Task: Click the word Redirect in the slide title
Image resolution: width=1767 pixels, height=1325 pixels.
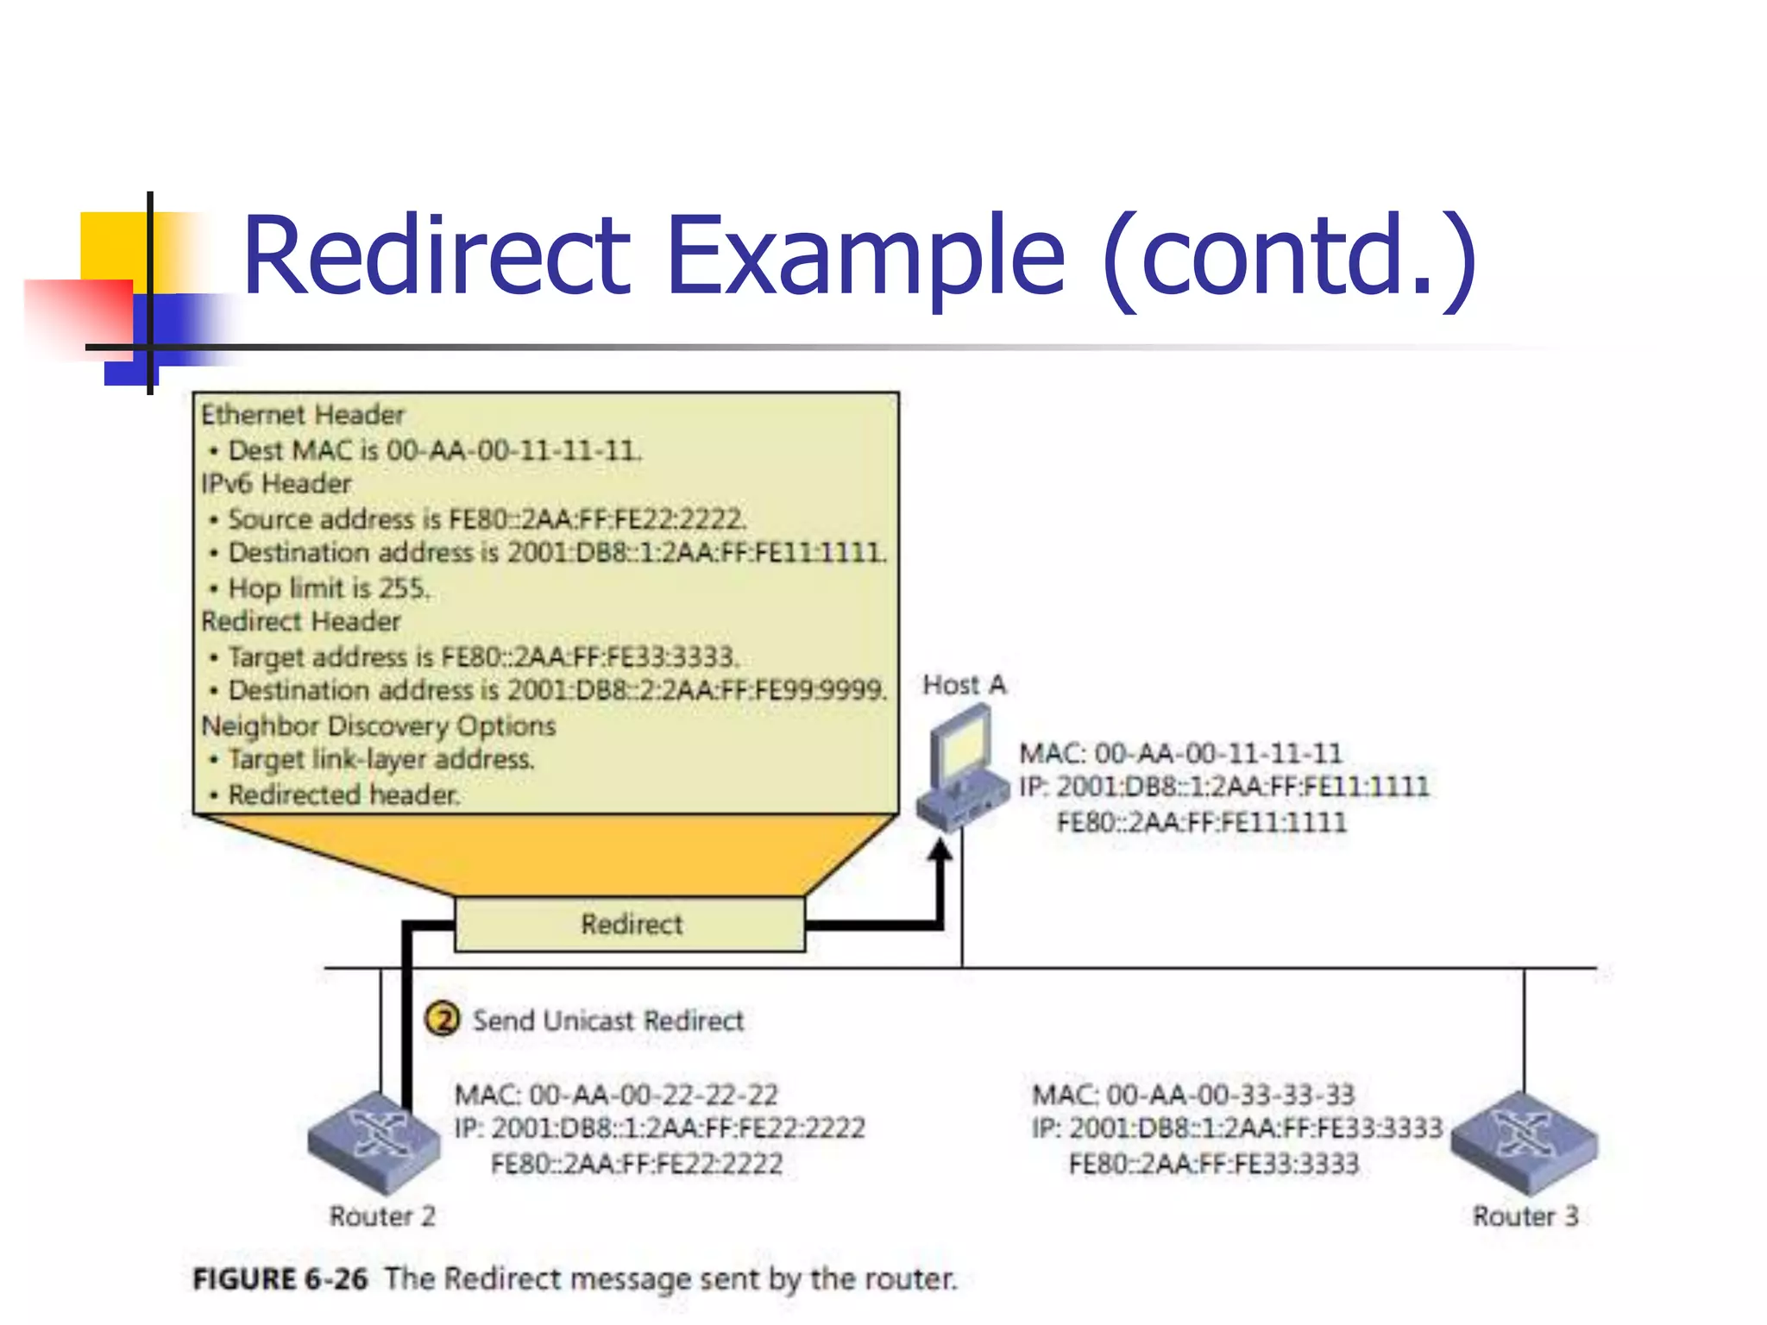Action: point(437,257)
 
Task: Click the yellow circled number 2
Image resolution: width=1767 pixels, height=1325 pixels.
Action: point(443,1020)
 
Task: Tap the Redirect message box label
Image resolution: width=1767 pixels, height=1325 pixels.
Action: point(631,925)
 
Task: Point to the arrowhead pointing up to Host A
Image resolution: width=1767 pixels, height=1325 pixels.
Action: point(940,852)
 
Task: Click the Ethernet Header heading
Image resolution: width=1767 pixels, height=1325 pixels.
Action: point(302,415)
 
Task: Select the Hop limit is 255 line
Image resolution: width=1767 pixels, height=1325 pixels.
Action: point(328,588)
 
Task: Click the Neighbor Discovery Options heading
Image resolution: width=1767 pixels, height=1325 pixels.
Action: point(378,725)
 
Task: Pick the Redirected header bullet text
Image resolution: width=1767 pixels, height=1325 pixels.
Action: point(343,794)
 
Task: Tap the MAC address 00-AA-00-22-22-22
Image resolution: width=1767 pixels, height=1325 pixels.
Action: point(653,1096)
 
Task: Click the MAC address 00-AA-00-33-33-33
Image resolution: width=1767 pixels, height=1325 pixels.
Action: point(1230,1096)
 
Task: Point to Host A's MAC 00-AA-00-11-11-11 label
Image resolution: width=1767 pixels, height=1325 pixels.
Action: point(1217,754)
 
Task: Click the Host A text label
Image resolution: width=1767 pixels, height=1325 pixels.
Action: point(964,685)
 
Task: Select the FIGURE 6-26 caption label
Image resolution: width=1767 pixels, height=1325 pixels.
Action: point(280,1278)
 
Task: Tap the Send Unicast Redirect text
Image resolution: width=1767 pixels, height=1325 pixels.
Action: point(607,1020)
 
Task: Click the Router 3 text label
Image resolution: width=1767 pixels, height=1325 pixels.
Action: point(1525,1216)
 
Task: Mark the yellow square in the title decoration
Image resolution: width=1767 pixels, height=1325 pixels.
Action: point(112,245)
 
